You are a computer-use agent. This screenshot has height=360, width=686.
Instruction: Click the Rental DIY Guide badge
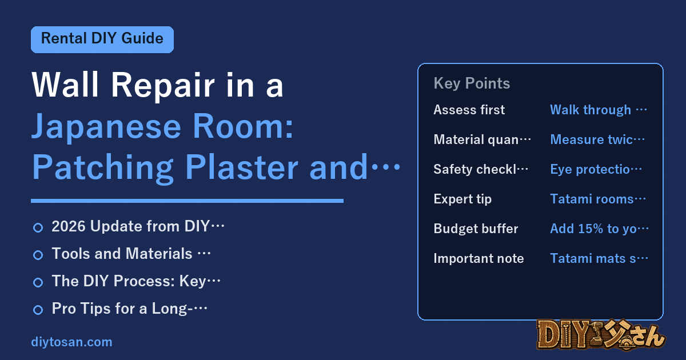[102, 39]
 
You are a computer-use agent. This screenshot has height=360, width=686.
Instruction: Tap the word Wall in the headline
[65, 85]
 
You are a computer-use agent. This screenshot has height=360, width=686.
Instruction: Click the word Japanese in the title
[106, 127]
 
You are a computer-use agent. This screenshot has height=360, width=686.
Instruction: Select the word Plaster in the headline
[241, 167]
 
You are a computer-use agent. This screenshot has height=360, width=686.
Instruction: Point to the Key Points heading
[472, 83]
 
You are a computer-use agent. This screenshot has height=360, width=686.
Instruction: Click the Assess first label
[469, 110]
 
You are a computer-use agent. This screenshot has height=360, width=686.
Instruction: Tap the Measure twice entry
[597, 139]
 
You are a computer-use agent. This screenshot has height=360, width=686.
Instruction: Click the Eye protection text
[596, 169]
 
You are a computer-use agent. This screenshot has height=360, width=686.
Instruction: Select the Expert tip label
[462, 199]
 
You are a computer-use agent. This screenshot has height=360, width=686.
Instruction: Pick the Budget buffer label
[476, 229]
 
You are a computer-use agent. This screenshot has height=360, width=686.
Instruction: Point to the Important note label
[478, 258]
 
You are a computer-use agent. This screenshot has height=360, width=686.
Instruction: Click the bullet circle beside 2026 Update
[38, 227]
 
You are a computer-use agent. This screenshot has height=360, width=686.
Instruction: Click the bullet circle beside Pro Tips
[38, 310]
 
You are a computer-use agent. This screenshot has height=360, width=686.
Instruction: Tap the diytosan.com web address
[71, 342]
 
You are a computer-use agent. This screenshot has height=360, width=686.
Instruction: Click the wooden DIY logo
[601, 335]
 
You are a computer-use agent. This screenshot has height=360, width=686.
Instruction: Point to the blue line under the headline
[187, 201]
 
